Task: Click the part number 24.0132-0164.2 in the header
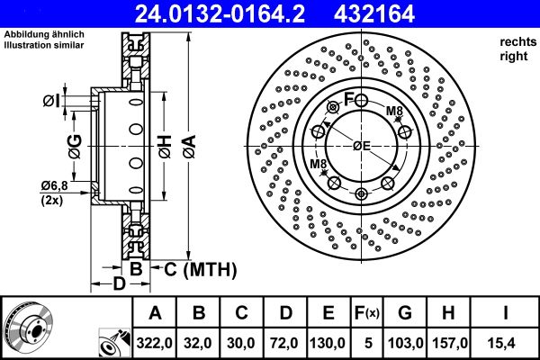point(220,13)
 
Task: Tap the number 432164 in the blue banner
point(374,13)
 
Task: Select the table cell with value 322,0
point(155,343)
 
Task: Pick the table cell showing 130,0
point(328,343)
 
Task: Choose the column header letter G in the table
point(405,313)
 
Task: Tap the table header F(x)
point(366,313)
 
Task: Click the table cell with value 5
point(368,343)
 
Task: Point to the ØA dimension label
point(189,147)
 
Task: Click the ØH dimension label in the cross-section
point(166,147)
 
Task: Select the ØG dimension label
point(75,147)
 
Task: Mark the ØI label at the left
point(51,101)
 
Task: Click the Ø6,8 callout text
point(54,186)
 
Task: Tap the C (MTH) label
point(200,269)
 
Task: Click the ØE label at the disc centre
point(361,146)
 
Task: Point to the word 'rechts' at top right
point(518,42)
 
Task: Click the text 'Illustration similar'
point(44,45)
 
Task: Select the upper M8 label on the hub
point(394,111)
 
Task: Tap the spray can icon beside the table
point(114,343)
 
